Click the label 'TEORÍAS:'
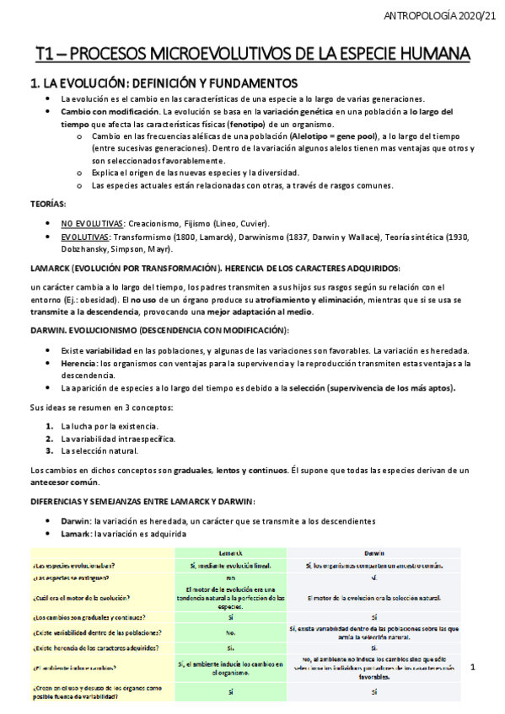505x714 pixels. click(x=48, y=205)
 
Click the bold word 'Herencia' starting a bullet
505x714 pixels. click(x=78, y=363)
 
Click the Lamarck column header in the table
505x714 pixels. click(x=230, y=552)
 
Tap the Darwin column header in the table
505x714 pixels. click(x=374, y=552)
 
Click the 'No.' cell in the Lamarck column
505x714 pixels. click(x=230, y=632)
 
